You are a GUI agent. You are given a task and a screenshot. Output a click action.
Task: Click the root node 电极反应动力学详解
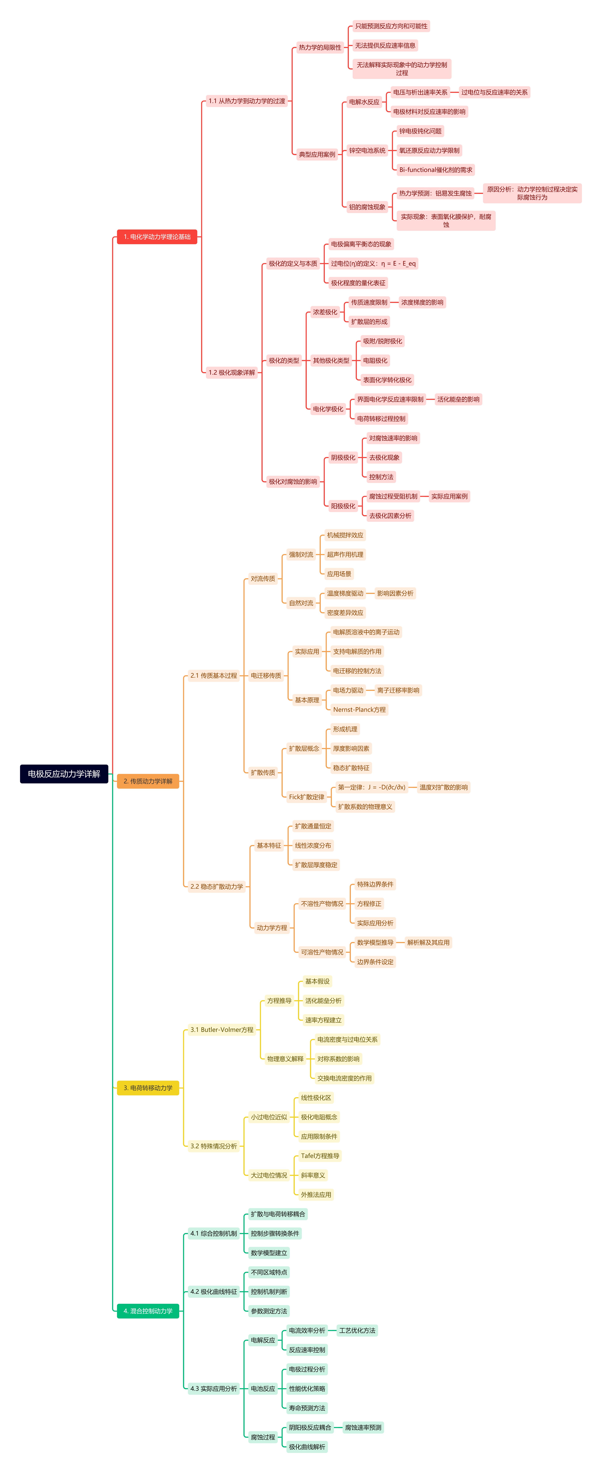pos(64,774)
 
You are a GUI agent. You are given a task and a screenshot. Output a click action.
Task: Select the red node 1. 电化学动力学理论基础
pos(157,237)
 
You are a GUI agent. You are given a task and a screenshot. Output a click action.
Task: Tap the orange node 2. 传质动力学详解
pos(148,781)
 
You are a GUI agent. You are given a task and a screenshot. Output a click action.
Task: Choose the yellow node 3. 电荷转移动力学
pos(148,1088)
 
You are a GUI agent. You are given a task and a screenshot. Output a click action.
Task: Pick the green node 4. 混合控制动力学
pos(148,1311)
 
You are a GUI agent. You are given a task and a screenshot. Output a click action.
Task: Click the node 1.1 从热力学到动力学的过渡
pos(247,101)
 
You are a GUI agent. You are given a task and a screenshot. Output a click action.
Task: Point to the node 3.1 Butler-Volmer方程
pos(222,1029)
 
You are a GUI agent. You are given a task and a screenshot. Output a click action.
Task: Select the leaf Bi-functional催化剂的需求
pos(436,170)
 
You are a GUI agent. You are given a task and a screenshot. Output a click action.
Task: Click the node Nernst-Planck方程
pos(360,710)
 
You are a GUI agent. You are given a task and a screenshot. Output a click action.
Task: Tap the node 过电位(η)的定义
pos(373,264)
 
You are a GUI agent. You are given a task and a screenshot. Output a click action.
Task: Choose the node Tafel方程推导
pos(320,1156)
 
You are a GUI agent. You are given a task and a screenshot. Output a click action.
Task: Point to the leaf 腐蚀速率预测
pos(363,1427)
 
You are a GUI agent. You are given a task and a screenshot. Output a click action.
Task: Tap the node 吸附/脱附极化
pos(383,341)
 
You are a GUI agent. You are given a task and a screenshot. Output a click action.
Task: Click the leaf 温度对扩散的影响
pos(444,787)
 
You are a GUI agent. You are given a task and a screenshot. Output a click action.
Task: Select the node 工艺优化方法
pos(357,1330)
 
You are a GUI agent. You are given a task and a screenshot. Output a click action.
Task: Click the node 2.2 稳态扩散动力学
pos(217,886)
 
